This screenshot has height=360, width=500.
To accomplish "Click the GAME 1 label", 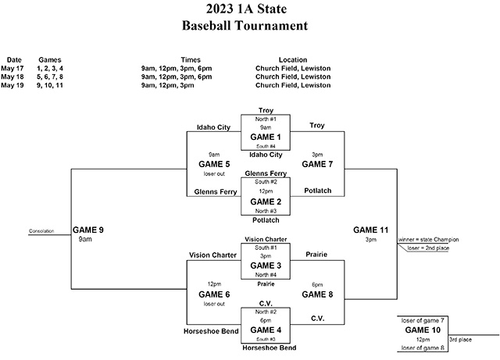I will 266,137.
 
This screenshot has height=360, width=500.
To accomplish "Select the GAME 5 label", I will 214,165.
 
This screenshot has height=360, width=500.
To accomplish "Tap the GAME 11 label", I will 370,230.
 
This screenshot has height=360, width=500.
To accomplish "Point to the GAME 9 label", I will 88,230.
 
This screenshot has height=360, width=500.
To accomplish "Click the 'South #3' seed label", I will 266,340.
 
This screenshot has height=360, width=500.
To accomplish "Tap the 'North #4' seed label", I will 266,275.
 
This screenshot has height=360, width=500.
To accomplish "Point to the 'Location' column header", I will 294,59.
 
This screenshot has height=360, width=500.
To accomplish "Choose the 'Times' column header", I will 191,59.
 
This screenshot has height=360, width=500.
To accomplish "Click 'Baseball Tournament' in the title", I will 245,26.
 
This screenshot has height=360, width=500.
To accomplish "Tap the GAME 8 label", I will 318,294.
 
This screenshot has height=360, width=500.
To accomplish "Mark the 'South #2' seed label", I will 266,181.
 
